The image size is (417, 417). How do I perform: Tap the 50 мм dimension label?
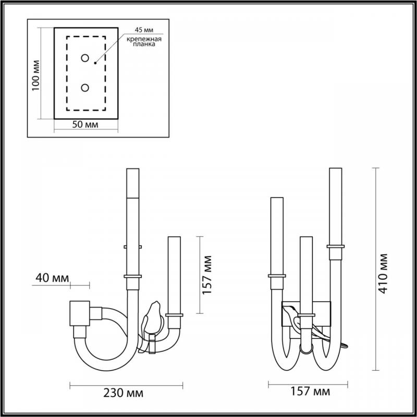pos(85,125)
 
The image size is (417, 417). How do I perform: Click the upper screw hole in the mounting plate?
pos(85,58)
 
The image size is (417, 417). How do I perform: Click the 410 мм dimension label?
pos(384,274)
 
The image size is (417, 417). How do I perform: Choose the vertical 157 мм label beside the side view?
pos(207,275)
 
